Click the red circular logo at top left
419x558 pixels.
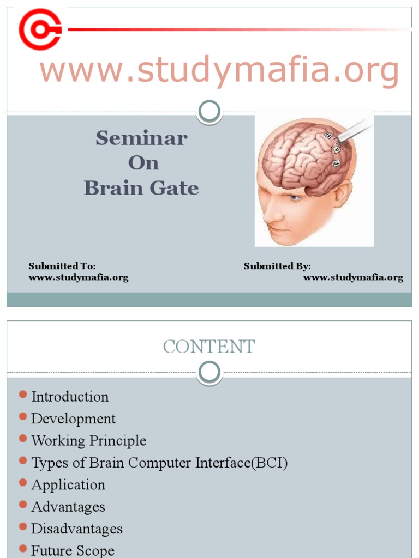[x=40, y=29]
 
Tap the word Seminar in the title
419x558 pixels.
[x=141, y=138]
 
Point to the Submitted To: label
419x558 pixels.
[x=62, y=266]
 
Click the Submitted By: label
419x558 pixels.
[x=277, y=266]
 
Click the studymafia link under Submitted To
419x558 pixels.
[x=79, y=277]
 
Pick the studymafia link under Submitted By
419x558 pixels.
[x=353, y=277]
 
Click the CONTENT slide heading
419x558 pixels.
[x=209, y=347]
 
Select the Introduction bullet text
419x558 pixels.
[x=70, y=397]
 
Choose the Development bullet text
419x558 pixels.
[x=73, y=418]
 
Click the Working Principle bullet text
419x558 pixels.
[x=88, y=440]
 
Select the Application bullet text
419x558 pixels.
[x=68, y=484]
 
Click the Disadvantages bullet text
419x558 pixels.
[x=76, y=529]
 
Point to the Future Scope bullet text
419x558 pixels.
[x=73, y=550]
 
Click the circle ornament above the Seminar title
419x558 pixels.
[x=209, y=112]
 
